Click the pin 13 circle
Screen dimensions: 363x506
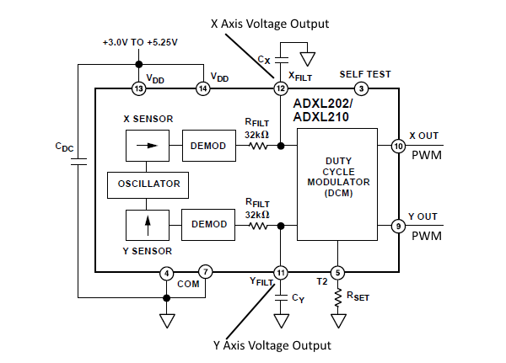(139, 88)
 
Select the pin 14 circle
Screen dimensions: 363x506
(203, 88)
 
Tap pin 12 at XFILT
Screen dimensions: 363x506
(281, 88)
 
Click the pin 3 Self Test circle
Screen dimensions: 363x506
(360, 88)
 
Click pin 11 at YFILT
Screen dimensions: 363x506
(281, 272)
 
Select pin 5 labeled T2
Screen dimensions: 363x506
(337, 272)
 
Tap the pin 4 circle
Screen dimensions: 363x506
(167, 272)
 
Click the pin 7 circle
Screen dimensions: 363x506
(207, 272)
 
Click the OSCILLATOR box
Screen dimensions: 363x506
(148, 183)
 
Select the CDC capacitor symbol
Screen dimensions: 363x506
(78, 163)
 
